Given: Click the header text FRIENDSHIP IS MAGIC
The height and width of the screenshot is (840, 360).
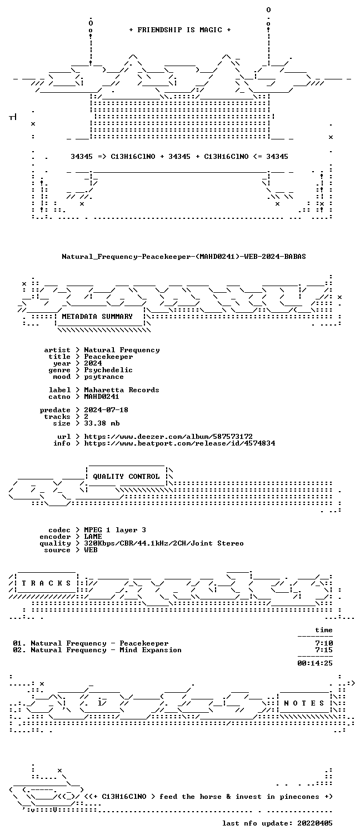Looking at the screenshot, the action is (179, 30).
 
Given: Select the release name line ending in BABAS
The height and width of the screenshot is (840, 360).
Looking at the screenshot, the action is (184, 257).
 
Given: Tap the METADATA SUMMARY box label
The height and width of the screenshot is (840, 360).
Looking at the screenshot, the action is (97, 317).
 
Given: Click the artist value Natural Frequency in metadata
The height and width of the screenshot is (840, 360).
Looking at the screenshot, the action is (122, 350).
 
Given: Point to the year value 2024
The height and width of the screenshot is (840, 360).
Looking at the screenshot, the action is (93, 363).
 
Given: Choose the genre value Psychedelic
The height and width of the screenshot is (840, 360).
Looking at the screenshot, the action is (108, 370).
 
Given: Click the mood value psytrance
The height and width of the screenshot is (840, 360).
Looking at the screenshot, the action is (104, 377).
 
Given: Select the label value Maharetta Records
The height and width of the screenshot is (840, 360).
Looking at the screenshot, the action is (122, 390).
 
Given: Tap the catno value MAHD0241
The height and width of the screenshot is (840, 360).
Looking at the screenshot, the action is (102, 397).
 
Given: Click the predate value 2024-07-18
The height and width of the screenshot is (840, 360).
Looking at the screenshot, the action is (106, 410).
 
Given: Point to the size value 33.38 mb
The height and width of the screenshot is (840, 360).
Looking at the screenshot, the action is (102, 423).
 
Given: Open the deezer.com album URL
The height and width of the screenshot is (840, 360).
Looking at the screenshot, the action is (168, 437).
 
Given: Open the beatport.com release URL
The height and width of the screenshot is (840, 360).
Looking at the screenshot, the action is (179, 443).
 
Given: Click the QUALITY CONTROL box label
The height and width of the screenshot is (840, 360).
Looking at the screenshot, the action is (126, 477).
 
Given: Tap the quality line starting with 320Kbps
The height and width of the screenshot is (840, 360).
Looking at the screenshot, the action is (164, 543).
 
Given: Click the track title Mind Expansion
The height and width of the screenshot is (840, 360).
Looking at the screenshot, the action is (151, 650).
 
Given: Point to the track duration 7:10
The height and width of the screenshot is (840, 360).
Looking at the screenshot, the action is (324, 643).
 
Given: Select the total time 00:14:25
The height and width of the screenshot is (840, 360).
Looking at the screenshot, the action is (315, 663).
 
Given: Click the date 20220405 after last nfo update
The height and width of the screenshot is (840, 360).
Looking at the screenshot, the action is (315, 823).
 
